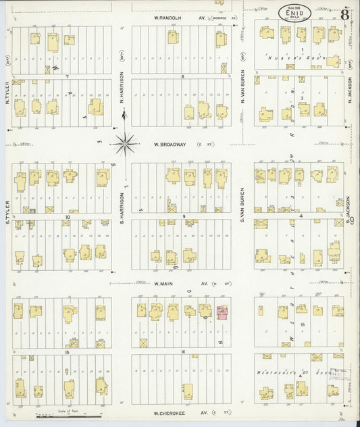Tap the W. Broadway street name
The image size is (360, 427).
point(169,144)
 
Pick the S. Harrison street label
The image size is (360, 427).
point(122,194)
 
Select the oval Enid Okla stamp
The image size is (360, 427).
point(295,11)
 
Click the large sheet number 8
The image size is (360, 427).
point(344,14)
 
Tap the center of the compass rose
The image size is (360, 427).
point(124,143)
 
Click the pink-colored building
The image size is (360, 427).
point(222,311)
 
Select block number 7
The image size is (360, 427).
point(67,77)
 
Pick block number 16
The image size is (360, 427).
point(182,352)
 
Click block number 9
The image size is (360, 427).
point(183,216)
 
